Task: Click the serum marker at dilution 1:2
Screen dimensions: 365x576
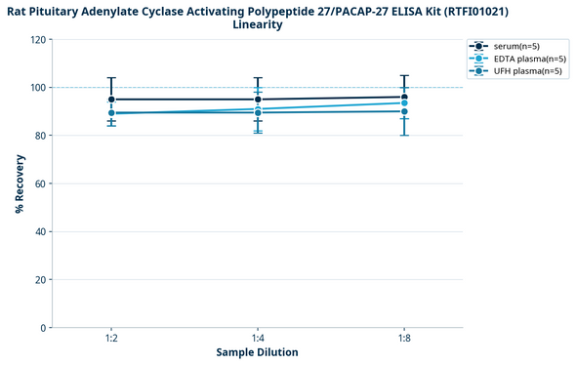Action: pos(111,100)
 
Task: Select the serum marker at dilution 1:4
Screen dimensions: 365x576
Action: pos(258,100)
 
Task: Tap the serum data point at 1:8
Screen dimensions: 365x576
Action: pos(404,97)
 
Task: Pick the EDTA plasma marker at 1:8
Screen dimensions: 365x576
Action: pos(404,103)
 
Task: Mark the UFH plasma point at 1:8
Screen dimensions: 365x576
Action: pos(404,111)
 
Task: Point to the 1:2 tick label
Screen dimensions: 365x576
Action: pos(111,337)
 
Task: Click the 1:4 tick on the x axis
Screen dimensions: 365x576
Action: pos(258,337)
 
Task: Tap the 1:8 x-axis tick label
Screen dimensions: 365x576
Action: pos(404,337)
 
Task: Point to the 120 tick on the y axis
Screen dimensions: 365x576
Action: pos(38,40)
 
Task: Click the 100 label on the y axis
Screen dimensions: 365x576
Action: pos(38,88)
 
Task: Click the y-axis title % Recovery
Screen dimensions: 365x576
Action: pos(20,183)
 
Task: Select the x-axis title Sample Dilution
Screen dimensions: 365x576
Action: pos(258,352)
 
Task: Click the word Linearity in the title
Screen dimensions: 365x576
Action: pos(258,25)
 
